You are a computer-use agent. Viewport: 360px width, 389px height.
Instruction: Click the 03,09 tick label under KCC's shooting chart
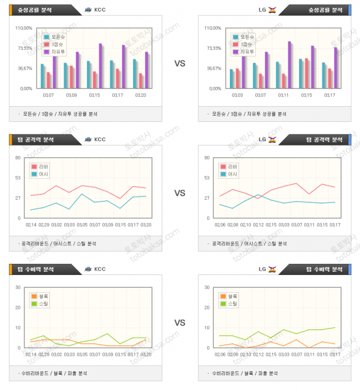71,95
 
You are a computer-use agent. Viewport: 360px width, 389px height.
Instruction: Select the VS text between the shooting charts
179,64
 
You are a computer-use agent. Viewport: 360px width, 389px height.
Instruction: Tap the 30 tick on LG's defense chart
207,287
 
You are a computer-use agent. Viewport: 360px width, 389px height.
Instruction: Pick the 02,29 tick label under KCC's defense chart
44,354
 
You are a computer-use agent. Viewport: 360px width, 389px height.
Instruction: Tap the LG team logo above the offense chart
272,139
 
